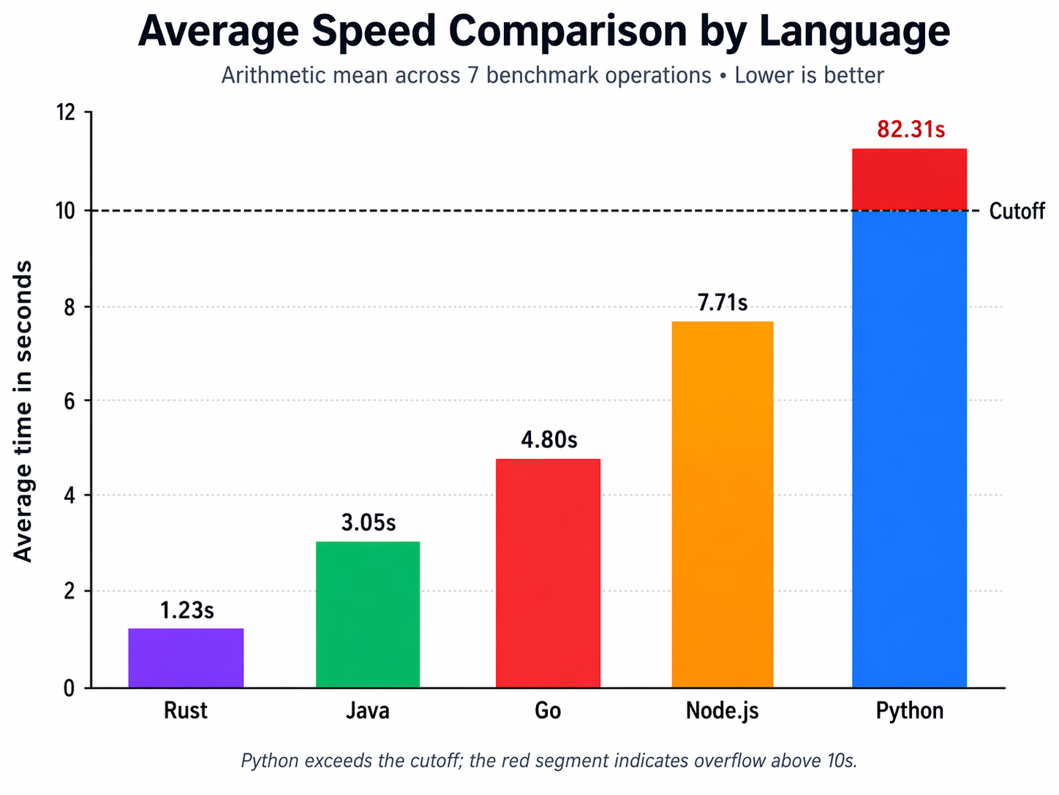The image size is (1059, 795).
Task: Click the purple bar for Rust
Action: pyautogui.click(x=186, y=657)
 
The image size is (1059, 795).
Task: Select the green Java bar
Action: pyautogui.click(x=368, y=614)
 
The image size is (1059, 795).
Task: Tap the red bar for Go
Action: pyautogui.click(x=548, y=572)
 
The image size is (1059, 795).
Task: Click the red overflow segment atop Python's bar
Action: pyautogui.click(x=909, y=179)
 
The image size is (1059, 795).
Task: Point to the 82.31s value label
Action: pyautogui.click(x=911, y=130)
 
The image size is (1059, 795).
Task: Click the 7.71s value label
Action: pyautogui.click(x=722, y=302)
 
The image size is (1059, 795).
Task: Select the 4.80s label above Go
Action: pyautogui.click(x=549, y=440)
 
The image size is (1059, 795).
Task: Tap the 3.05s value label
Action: pyautogui.click(x=368, y=523)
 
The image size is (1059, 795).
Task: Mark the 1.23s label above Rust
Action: pyautogui.click(x=186, y=611)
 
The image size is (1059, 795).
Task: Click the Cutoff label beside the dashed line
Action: pyautogui.click(x=1016, y=212)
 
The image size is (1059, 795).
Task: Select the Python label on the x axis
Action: pyautogui.click(x=909, y=711)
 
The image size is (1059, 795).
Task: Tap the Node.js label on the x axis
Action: pyautogui.click(x=722, y=711)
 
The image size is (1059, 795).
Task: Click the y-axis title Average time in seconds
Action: pyautogui.click(x=23, y=410)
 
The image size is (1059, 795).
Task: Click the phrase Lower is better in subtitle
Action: pyautogui.click(x=809, y=75)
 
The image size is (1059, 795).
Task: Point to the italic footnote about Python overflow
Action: pyautogui.click(x=549, y=761)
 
